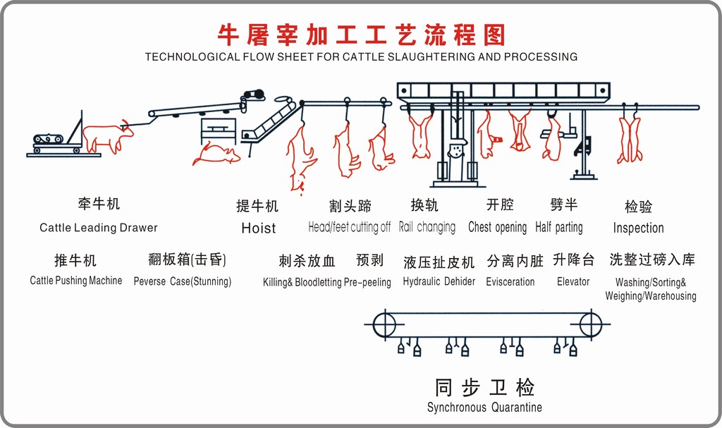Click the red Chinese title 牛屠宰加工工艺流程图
coord(360,33)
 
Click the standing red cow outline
coord(106,137)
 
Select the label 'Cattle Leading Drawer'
coord(99,228)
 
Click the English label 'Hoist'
coord(258,228)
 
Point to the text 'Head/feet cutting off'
coord(349,227)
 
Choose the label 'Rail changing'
coord(427,227)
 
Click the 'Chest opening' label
coord(497,227)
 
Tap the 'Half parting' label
coord(559,227)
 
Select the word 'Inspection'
coord(638,228)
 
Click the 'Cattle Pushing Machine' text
coord(75,281)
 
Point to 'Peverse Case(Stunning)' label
coord(183,281)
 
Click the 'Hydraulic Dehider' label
coord(439,281)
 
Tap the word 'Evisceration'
coord(510,281)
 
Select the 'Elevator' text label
coord(573,281)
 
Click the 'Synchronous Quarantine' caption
coord(484,407)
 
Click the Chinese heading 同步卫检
coord(484,387)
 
